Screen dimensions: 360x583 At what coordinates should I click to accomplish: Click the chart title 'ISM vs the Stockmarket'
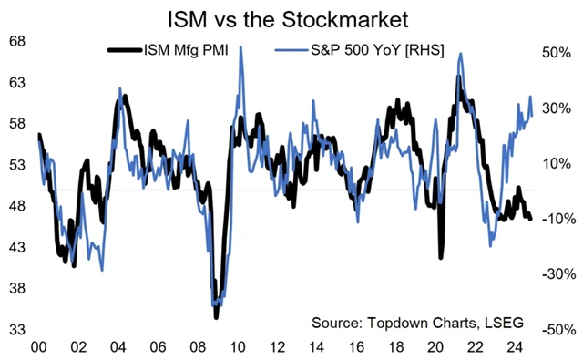click(291, 17)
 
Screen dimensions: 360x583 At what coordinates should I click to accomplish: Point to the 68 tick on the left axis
click(17, 42)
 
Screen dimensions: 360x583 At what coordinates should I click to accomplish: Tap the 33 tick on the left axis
click(17, 330)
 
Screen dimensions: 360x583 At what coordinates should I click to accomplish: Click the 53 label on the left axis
click(17, 165)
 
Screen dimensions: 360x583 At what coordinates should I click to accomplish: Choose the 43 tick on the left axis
click(17, 248)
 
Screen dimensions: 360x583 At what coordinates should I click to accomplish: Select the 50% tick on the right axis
click(557, 54)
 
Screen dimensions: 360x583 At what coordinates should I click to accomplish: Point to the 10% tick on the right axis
click(557, 164)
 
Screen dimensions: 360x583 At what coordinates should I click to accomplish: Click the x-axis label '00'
click(39, 347)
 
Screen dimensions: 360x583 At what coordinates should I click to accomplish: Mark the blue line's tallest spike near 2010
click(240, 48)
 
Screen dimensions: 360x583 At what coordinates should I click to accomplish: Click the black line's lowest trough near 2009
click(217, 316)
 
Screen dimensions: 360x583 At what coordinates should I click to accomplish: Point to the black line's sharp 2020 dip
click(441, 256)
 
